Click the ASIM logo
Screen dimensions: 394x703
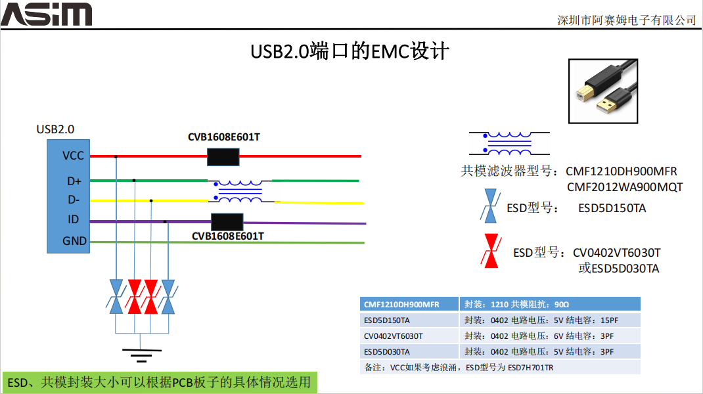pos(46,14)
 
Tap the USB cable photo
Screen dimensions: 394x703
pos(602,91)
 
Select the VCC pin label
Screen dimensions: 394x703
pos(74,156)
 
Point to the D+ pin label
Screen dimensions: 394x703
pos(74,181)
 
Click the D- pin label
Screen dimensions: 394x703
pos(74,200)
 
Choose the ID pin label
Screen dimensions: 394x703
pos(74,220)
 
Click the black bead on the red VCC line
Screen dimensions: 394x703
pos(223,156)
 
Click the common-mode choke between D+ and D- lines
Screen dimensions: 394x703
pos(240,190)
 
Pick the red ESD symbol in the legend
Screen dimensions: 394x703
pos(490,250)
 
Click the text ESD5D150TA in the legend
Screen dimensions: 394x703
pos(612,208)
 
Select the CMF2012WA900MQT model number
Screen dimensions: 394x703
pos(624,187)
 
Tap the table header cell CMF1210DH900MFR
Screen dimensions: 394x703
pos(401,304)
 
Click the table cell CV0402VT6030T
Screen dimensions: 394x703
pos(394,336)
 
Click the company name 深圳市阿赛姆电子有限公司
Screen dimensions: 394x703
pos(626,20)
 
